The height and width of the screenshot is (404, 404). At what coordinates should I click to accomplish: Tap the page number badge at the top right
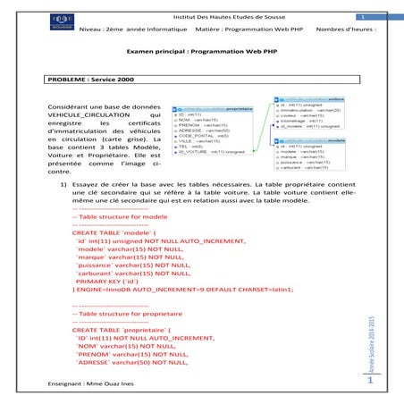362,17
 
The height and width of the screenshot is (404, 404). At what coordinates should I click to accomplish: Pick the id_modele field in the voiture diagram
309,127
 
